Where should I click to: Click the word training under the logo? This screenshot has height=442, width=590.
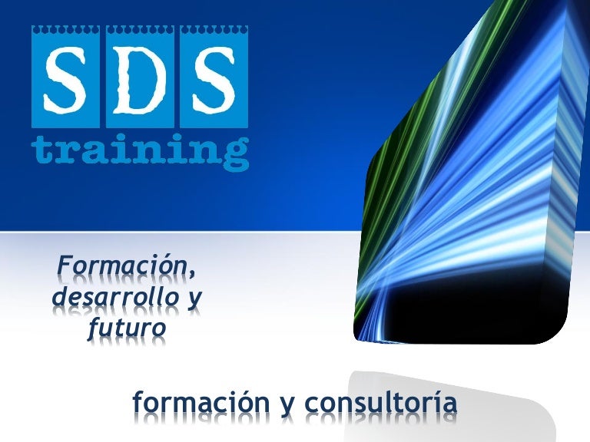[x=140, y=150]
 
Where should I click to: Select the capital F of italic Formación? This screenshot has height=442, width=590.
[x=64, y=266]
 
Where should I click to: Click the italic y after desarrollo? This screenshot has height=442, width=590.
[x=194, y=299]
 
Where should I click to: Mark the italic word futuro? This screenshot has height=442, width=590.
[x=123, y=327]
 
